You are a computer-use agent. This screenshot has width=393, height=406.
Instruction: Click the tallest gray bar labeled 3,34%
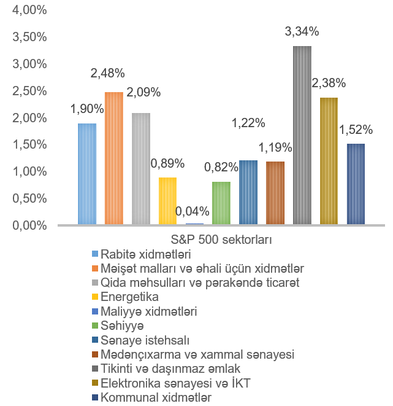pyautogui.click(x=302, y=136)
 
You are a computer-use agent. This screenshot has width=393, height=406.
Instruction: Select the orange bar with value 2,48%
pyautogui.click(x=114, y=158)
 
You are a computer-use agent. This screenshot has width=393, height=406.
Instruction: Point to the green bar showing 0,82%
pyautogui.click(x=221, y=203)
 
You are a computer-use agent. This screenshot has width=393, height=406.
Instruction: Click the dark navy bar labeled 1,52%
pyautogui.click(x=356, y=184)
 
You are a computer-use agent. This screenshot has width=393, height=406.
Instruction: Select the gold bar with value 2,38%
pyautogui.click(x=329, y=161)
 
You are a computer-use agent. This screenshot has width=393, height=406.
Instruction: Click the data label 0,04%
pyautogui.click(x=193, y=211)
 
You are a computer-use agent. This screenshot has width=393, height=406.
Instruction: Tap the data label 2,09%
pyautogui.click(x=143, y=93)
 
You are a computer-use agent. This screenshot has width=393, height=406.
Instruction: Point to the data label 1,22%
pyautogui.click(x=248, y=123)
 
